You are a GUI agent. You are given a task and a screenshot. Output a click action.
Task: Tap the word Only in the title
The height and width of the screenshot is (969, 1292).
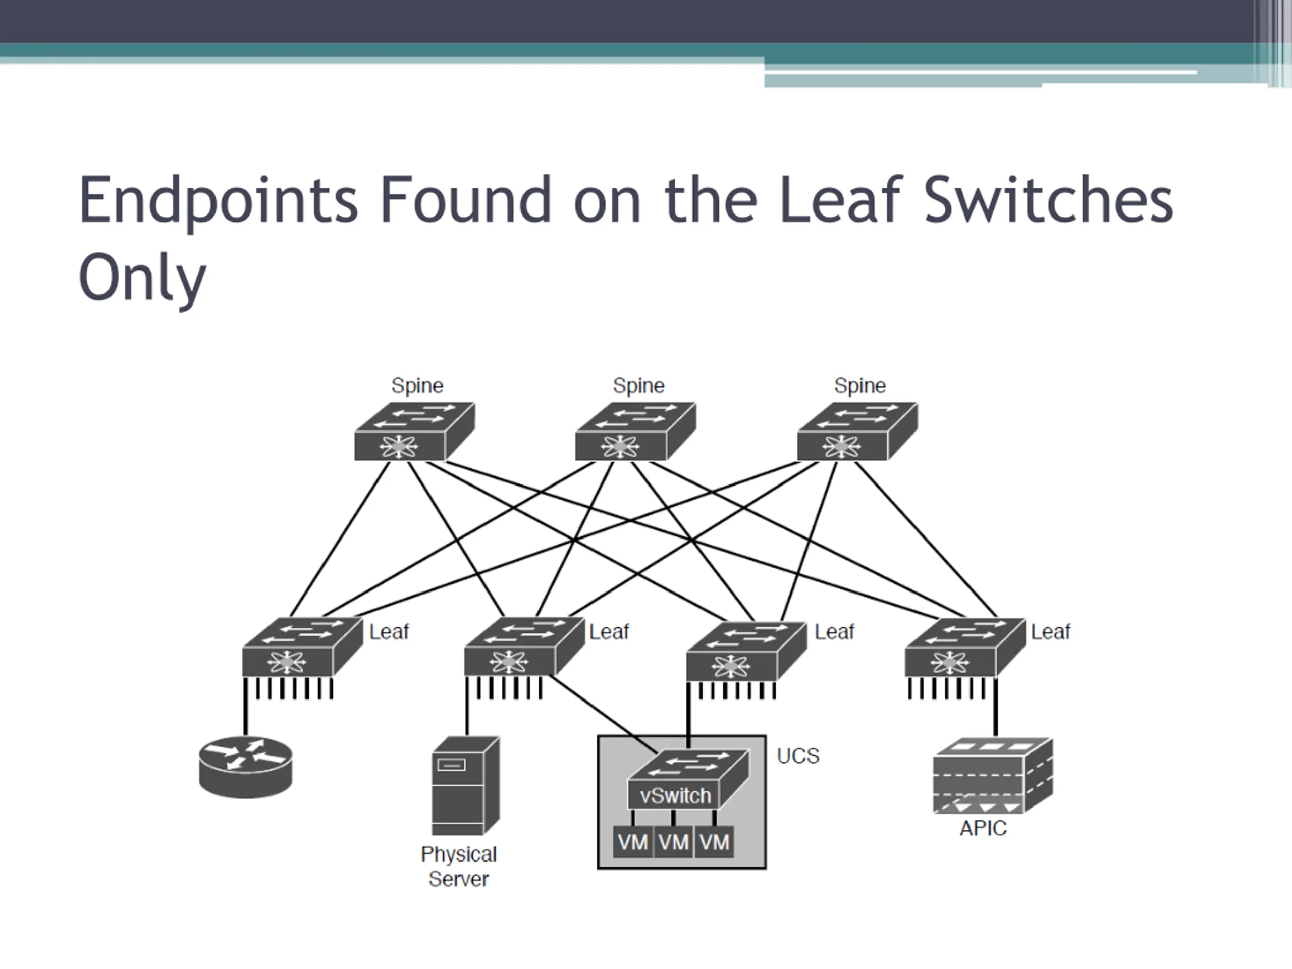point(142,279)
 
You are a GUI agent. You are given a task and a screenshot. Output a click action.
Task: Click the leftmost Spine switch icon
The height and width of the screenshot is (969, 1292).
point(414,432)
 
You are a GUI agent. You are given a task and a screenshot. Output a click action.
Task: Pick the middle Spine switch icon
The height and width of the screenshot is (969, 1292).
point(635,432)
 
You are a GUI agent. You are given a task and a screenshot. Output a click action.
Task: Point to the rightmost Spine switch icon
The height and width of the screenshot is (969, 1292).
point(857,432)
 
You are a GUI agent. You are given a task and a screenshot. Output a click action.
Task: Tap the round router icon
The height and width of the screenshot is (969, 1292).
point(245,768)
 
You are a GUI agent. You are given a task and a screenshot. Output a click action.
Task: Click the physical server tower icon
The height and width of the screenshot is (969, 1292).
point(465,786)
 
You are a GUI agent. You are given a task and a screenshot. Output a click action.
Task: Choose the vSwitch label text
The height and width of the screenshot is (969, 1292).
point(675,796)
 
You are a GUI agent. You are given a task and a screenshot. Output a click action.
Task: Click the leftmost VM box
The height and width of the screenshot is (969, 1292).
point(632,842)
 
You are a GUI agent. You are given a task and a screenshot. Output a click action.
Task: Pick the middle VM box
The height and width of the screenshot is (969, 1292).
point(673,842)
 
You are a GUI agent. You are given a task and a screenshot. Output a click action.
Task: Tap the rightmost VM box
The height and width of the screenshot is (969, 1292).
point(714,842)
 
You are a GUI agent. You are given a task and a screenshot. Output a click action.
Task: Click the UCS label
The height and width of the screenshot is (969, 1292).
point(798,756)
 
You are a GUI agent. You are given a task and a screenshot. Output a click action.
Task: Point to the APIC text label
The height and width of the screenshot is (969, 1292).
point(983,828)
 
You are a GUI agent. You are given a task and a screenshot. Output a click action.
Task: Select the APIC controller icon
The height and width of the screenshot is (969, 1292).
point(992,776)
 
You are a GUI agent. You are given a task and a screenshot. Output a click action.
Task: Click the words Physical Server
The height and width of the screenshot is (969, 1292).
point(458,867)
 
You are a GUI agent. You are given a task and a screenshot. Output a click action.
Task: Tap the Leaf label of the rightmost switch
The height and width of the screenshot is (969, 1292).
point(1050,632)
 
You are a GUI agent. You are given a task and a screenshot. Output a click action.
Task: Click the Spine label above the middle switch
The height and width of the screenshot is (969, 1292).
point(638,386)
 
